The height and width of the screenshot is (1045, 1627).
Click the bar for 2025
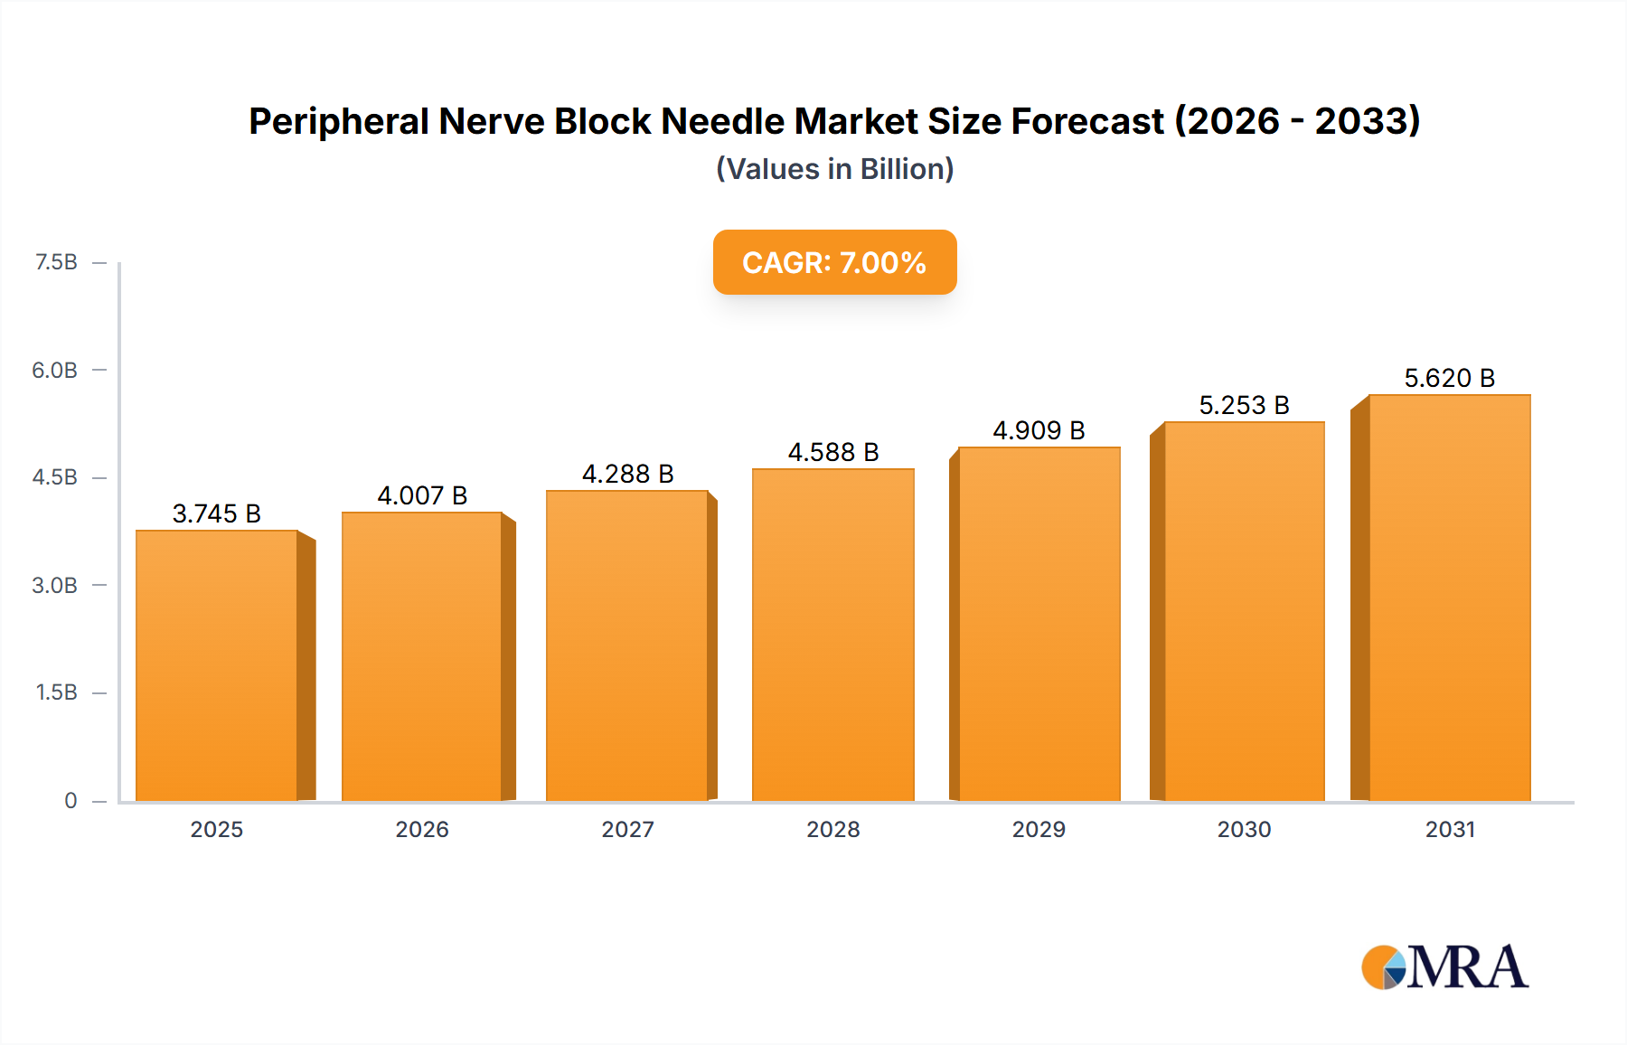[217, 666]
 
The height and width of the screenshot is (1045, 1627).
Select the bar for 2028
[832, 635]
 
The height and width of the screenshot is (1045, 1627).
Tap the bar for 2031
[1450, 598]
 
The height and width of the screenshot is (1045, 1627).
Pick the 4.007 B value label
[422, 495]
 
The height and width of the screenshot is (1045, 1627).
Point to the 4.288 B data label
[627, 474]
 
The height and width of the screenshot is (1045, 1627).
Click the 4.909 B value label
[1039, 430]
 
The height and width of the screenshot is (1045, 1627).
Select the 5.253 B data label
[1244, 405]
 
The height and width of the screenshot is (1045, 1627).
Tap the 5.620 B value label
[1449, 378]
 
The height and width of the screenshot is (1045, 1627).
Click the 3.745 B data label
[217, 513]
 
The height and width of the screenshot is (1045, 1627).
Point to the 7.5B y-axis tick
[56, 262]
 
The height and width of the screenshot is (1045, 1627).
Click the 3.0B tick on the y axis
[55, 585]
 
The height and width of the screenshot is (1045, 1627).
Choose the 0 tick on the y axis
[71, 800]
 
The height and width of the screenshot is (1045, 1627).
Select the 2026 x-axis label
[422, 829]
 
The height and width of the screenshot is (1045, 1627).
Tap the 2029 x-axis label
[1039, 829]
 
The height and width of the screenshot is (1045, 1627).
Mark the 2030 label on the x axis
[1244, 829]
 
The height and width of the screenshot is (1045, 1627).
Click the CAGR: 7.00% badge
[834, 262]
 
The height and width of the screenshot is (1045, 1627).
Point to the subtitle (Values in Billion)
[834, 169]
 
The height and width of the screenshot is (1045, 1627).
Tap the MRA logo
[1444, 967]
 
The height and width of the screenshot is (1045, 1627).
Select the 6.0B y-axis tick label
[55, 370]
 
